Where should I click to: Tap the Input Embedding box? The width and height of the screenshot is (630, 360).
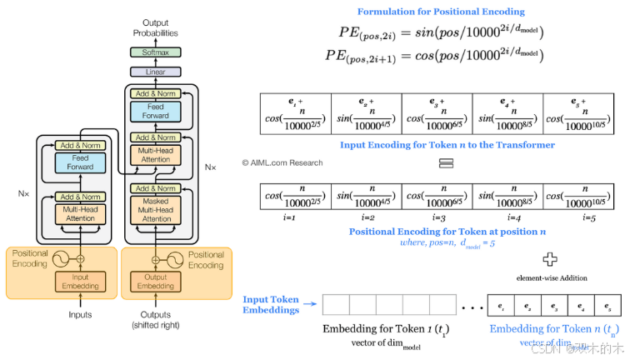click(81, 281)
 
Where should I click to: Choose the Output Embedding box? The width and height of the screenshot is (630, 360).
click(156, 281)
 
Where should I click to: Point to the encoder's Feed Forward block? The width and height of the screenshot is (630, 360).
click(81, 162)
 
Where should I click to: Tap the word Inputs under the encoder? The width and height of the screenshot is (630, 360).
click(81, 315)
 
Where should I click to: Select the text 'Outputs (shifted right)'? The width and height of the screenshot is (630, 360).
click(156, 320)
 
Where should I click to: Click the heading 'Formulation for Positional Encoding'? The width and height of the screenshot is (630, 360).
click(441, 12)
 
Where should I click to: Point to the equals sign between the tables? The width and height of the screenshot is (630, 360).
click(445, 163)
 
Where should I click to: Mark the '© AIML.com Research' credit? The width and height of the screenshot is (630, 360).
click(282, 162)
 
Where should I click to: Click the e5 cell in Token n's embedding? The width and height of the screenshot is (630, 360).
click(607, 306)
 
